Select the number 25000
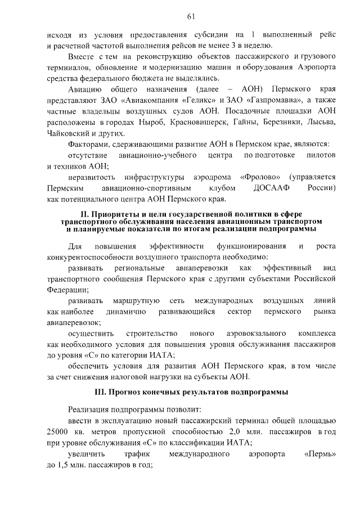point(59,431)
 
